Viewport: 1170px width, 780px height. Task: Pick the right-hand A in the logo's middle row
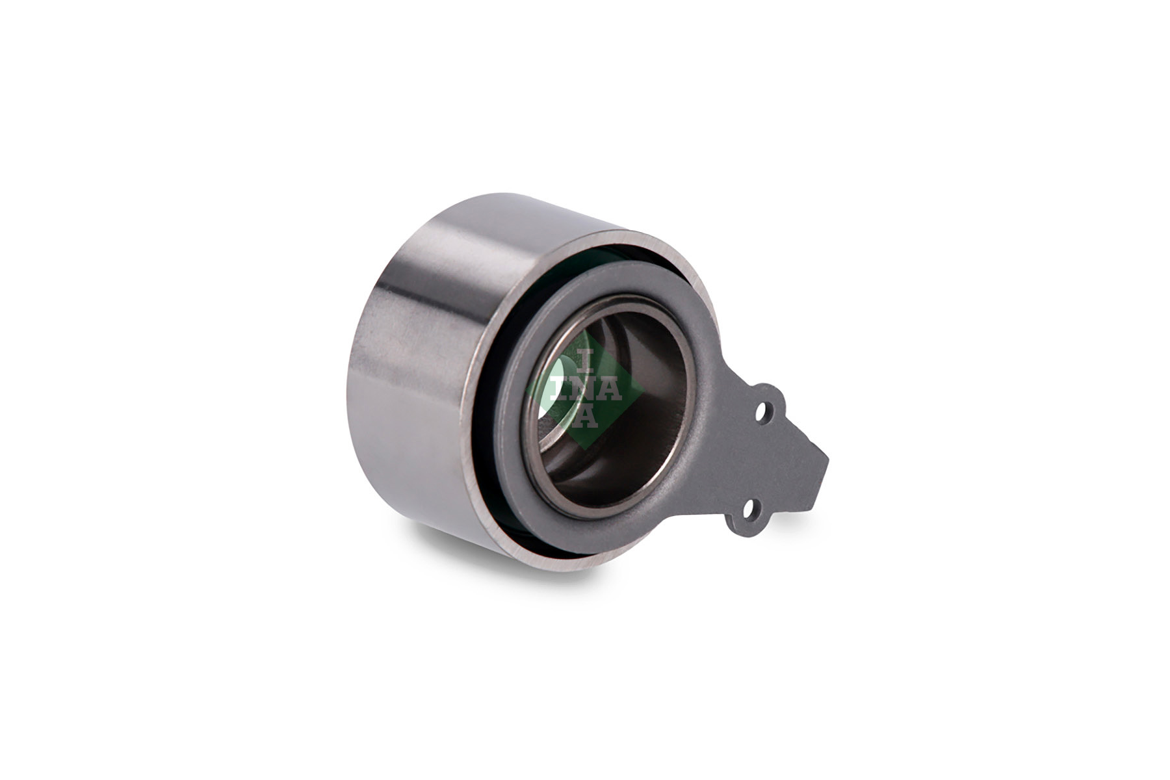pos(610,389)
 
